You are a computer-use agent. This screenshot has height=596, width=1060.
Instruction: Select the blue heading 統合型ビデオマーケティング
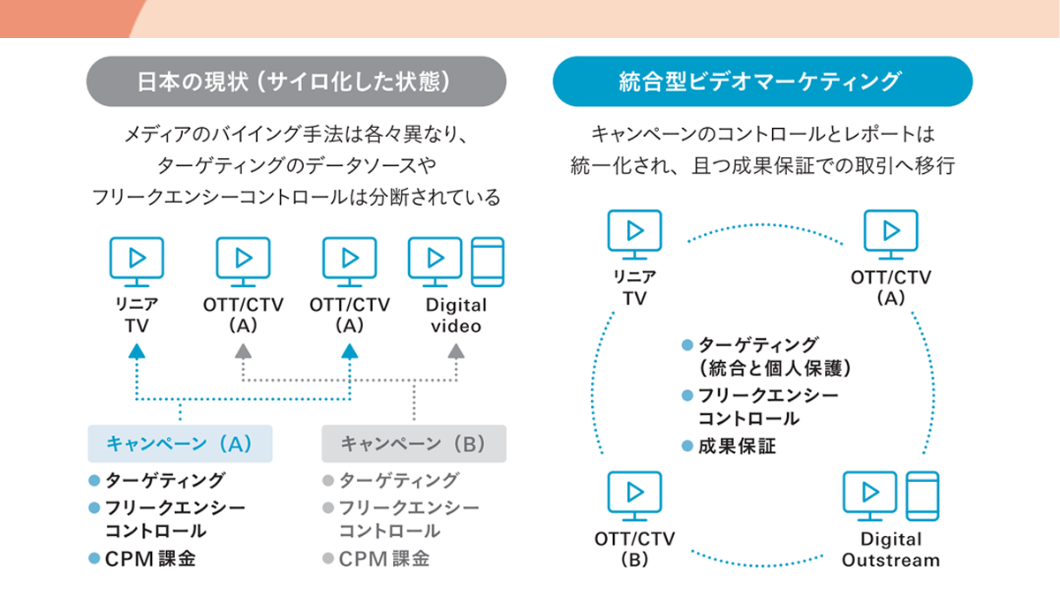[x=761, y=82]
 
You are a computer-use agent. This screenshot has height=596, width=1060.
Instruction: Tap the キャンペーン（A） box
[x=180, y=444]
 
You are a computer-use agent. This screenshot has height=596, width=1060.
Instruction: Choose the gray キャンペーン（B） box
[x=413, y=444]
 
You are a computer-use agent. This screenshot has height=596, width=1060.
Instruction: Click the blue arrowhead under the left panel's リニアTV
[x=135, y=351]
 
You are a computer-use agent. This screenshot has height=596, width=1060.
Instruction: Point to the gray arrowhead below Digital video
[x=455, y=351]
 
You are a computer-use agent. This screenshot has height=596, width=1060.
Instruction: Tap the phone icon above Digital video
[x=487, y=262]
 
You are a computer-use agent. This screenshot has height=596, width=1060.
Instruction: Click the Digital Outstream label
[x=890, y=550]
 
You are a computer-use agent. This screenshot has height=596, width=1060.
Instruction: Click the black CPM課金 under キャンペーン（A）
[x=149, y=558]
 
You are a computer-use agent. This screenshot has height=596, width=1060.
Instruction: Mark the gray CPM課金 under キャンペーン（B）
[x=384, y=558]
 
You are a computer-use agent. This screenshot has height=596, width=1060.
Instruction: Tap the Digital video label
[x=455, y=316]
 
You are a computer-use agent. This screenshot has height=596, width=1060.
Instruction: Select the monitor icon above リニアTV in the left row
[x=135, y=262]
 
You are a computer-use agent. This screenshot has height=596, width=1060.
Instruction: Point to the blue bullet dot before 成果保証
[x=686, y=447]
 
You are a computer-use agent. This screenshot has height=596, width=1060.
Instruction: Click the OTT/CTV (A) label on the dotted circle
[x=890, y=288]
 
